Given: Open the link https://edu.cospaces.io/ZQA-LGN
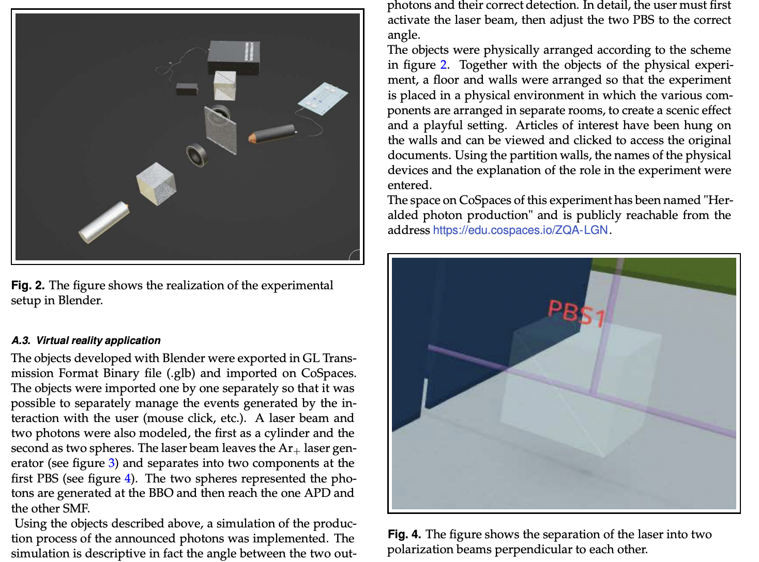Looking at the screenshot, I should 520,230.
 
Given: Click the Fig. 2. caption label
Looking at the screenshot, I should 28,286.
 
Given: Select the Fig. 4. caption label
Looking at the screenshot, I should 404,535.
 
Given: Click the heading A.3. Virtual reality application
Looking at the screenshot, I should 86,340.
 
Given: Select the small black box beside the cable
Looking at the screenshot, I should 187,89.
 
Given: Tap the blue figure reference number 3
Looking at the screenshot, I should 111,463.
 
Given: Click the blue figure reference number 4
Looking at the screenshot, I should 128,478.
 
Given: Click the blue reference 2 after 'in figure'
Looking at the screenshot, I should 443,65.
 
